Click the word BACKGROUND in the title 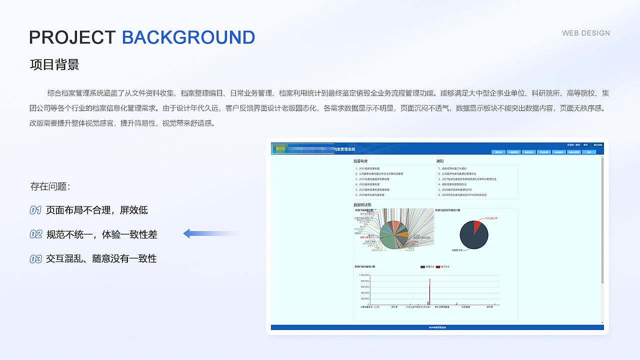(x=188, y=37)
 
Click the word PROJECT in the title (x=72, y=37)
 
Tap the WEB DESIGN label (x=586, y=33)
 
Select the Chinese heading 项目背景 (x=54, y=64)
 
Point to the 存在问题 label (x=50, y=186)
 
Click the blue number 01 (x=35, y=210)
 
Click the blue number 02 (x=35, y=234)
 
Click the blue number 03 (x=35, y=259)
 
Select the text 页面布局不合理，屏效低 (x=97, y=210)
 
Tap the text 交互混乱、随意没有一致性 (x=101, y=259)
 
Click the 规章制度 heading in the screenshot (x=360, y=161)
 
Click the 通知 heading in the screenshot (x=440, y=161)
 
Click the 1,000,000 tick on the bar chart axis (x=363, y=275)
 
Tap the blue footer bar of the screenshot (x=437, y=327)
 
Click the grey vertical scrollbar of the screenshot (x=602, y=220)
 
